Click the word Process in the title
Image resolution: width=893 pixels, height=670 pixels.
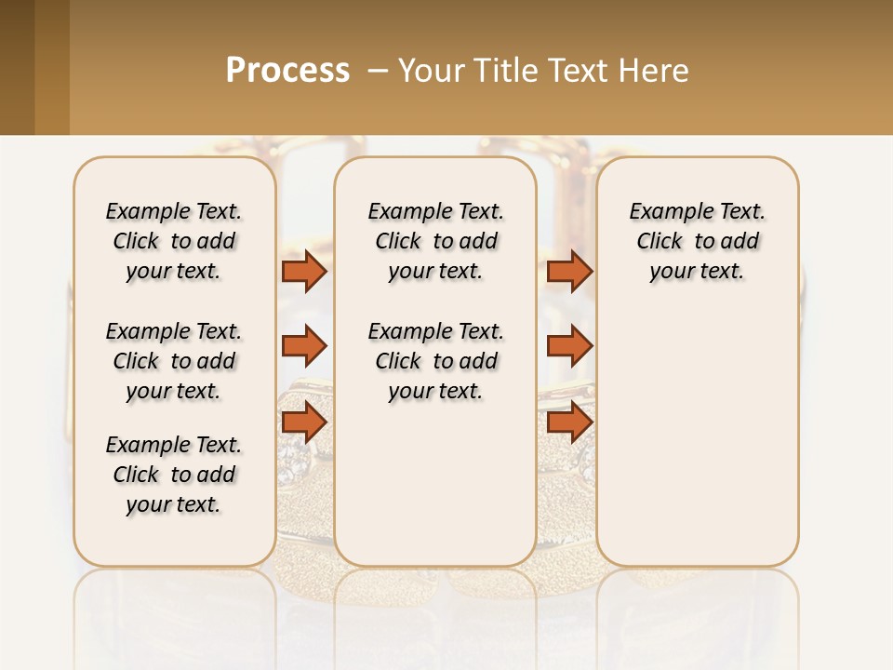coord(287,71)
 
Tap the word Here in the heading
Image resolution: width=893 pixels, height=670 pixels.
coord(655,71)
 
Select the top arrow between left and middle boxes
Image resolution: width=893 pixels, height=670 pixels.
coord(304,271)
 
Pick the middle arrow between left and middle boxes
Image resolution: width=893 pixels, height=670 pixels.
coord(304,346)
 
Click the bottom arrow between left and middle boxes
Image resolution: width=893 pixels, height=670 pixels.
coord(304,422)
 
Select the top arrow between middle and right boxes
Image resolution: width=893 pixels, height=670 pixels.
coord(569,271)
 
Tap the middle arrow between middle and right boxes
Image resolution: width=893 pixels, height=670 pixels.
coord(569,346)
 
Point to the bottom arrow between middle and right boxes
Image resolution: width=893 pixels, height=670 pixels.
coord(569,422)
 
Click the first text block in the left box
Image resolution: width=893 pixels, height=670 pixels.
coord(174,241)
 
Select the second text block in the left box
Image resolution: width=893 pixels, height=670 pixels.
coord(174,361)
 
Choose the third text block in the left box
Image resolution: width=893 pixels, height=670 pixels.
coord(174,475)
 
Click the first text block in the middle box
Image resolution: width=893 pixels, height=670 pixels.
coord(435,241)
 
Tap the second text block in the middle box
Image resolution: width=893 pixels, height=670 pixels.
coord(435,361)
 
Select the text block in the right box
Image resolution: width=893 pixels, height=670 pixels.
coord(697,241)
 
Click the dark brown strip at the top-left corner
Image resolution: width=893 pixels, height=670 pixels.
coord(17,67)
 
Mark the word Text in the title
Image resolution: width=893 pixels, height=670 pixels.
coord(581,71)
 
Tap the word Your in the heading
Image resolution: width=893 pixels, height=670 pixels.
coord(432,71)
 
